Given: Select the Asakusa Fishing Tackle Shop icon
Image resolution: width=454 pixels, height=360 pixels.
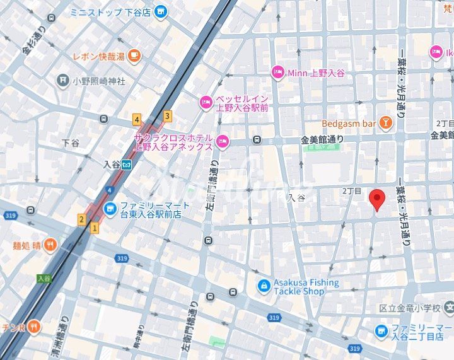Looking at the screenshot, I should click(x=264, y=287).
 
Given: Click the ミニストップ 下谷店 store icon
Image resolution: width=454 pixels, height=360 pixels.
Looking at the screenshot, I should click(x=161, y=11).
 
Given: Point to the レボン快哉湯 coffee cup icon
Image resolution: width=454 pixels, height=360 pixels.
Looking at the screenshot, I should click(x=133, y=56).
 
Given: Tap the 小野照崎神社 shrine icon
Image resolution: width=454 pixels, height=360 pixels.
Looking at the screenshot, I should click(x=62, y=80).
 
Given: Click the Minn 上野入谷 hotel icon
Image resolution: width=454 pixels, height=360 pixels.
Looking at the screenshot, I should click(x=277, y=73).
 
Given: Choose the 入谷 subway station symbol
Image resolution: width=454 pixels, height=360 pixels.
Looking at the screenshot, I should click(x=127, y=165).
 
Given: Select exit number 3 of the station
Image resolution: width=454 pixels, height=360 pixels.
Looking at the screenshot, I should click(x=167, y=115).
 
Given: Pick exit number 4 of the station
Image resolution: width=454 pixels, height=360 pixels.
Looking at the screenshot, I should click(x=136, y=119).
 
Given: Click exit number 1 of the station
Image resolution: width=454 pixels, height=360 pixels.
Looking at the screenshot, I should click(x=95, y=228).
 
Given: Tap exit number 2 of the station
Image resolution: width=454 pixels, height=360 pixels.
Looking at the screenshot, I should click(x=81, y=219).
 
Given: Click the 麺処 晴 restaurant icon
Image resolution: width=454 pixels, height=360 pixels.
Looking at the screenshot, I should click(x=50, y=245).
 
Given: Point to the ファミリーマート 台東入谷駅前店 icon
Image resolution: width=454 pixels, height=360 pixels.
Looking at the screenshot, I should click(x=110, y=207).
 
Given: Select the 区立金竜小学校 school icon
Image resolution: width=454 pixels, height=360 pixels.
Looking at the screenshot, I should click(x=448, y=307).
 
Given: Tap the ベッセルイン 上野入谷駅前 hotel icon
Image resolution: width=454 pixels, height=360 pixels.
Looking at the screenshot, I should click(x=206, y=102).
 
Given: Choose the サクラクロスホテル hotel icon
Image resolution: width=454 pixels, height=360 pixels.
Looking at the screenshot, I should click(x=221, y=140).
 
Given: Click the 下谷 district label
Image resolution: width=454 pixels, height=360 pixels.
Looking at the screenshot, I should click(x=71, y=142).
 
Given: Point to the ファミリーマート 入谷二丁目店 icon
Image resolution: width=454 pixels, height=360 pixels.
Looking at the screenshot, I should click(x=381, y=330).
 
